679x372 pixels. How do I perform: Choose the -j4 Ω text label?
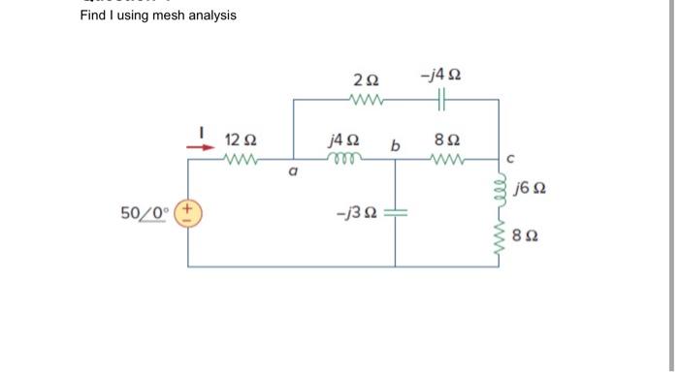coord(441,76)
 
